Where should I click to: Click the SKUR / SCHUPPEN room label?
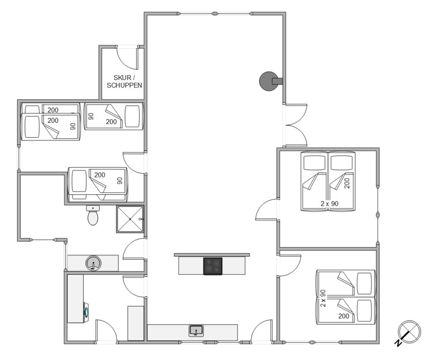tap(124, 81)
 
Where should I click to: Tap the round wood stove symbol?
tap(269, 81)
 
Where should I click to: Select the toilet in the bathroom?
tap(93, 215)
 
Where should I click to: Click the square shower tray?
tap(130, 219)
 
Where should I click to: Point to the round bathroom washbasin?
tap(93, 263)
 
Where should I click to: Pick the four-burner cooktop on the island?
tap(213, 266)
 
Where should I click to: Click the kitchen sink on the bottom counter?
tap(196, 331)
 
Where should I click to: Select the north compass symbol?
tap(408, 333)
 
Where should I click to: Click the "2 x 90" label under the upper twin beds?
tap(329, 204)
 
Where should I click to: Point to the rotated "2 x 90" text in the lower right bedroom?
tap(323, 298)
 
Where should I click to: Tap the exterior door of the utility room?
tap(106, 331)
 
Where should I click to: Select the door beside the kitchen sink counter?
tap(262, 331)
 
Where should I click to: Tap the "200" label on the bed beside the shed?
tap(111, 122)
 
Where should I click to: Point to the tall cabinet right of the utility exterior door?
tap(136, 323)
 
